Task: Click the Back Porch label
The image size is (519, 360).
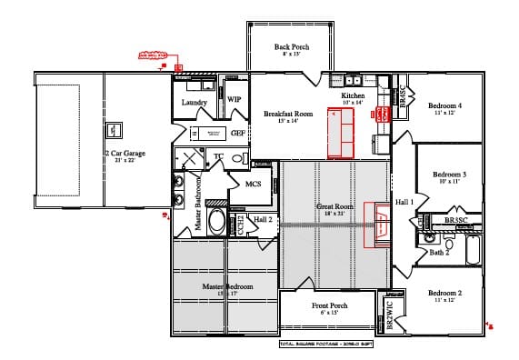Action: pos(293,46)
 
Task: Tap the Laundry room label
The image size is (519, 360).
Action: pos(195,103)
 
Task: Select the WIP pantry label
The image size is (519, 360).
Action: pos(234,98)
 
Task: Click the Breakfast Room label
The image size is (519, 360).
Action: pos(288,114)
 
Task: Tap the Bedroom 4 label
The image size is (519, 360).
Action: pos(445,106)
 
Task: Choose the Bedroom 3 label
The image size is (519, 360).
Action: pos(449,175)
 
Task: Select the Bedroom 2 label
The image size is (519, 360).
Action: pos(445,293)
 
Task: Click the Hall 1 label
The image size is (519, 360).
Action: pos(404,201)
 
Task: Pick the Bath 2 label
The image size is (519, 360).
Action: pos(440,252)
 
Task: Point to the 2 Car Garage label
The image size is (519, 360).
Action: pos(125,154)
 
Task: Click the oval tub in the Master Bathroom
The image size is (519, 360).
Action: pos(217,222)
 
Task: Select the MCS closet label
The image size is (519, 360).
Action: pos(254,184)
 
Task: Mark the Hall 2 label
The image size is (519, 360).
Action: pos(264,219)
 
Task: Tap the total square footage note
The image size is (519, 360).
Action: pos(325,345)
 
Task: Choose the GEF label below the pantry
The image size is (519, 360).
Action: pos(237,133)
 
